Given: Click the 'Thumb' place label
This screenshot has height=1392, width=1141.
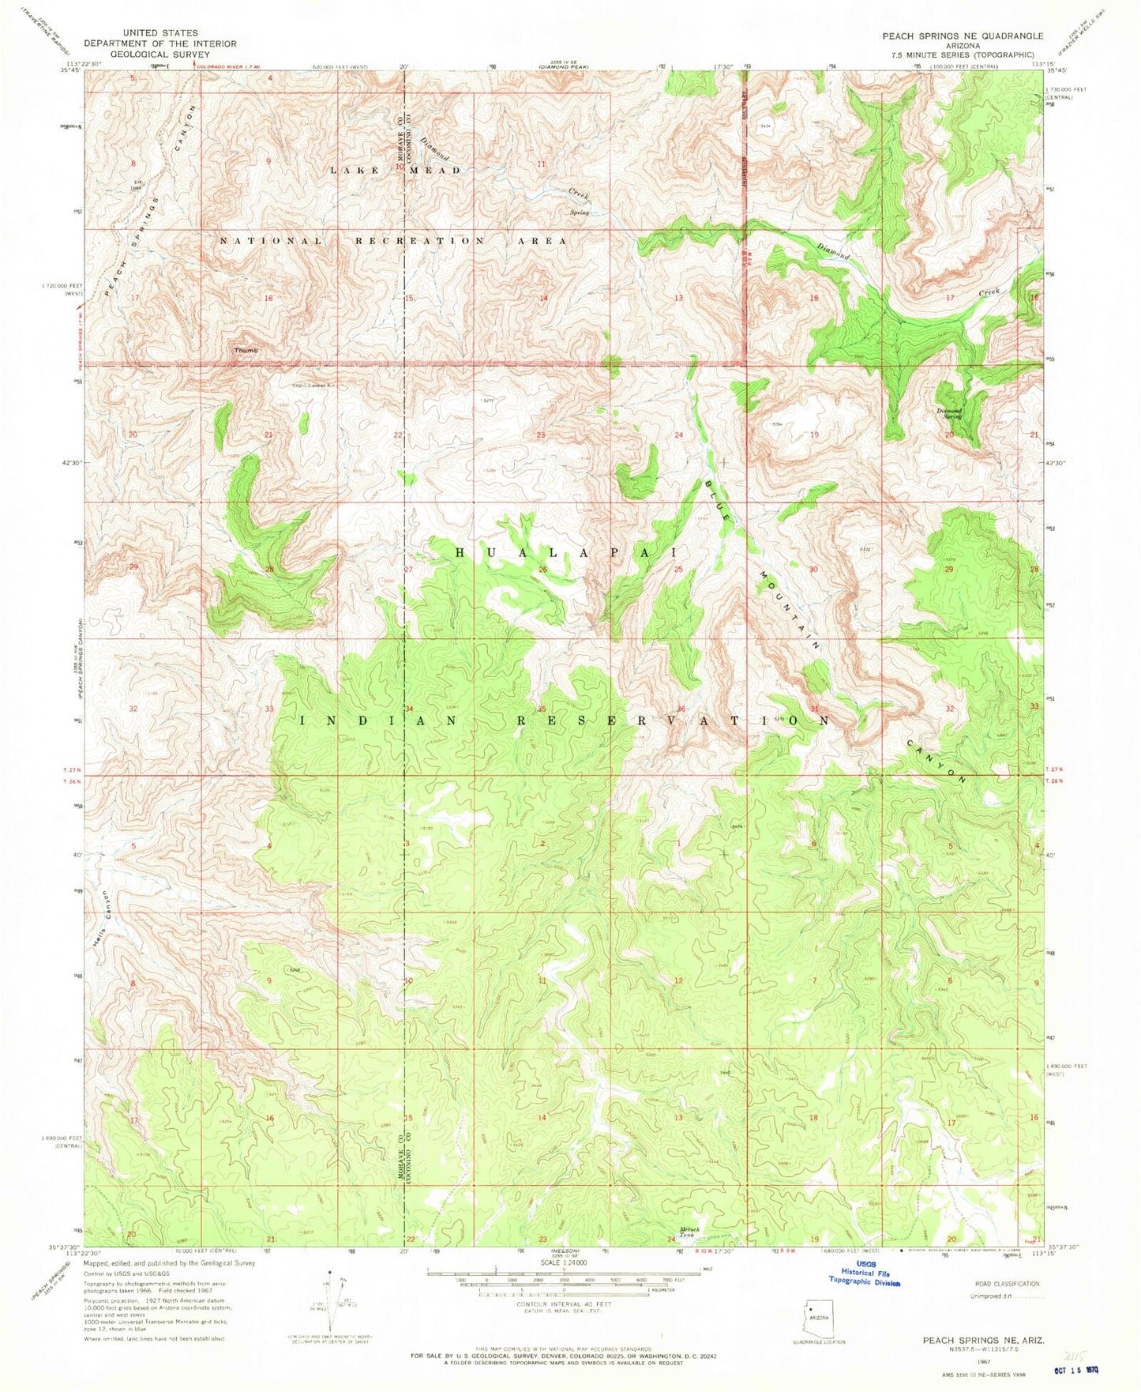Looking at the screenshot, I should click(x=245, y=349).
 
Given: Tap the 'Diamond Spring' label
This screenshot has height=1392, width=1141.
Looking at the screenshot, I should click(x=949, y=413).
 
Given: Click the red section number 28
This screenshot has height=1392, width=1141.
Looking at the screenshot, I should click(x=269, y=570).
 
